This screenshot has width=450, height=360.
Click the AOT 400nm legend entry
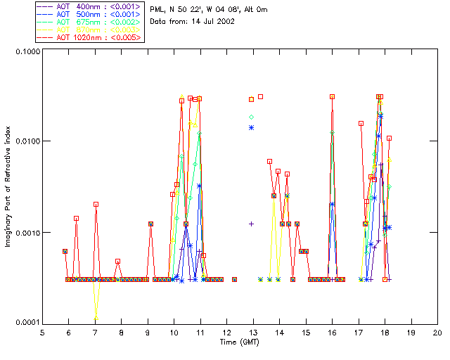tap(89, 6)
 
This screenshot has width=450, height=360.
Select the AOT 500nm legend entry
tap(89, 14)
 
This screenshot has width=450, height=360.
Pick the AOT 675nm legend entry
tap(89, 22)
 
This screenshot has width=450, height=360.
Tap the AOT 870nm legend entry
tap(89, 30)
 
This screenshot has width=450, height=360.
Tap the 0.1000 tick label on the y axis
tap(27, 52)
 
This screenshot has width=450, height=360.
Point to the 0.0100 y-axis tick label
tap(27, 142)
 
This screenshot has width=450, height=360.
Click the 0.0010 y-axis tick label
tap(27, 233)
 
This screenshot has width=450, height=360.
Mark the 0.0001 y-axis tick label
tap(27, 323)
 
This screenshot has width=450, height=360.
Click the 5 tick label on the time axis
tap(42, 331)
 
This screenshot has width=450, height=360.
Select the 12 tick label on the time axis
tap(226, 331)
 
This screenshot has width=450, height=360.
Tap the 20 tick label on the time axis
tap(437, 331)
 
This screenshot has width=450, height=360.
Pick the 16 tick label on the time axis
tap(332, 331)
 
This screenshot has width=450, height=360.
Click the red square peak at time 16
tap(333, 96)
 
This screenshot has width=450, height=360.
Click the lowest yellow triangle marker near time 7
tap(96, 319)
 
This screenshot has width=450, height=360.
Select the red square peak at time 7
tap(96, 204)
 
